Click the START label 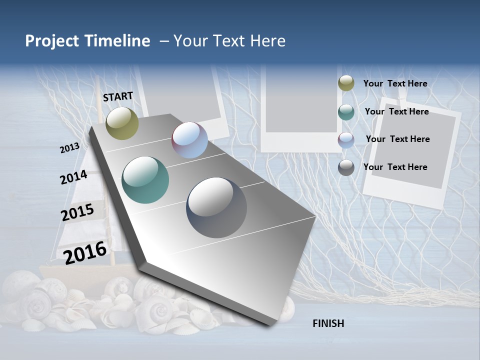[118, 96]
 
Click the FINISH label [328, 323]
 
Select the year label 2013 [70, 148]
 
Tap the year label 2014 [74, 177]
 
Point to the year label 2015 [77, 212]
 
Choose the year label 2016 [85, 252]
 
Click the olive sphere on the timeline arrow [122, 123]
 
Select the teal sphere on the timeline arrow [145, 180]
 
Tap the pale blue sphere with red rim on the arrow [189, 140]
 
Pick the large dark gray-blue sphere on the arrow [216, 207]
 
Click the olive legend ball [346, 83]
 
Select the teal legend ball [346, 112]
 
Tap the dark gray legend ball [346, 167]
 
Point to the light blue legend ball [346, 140]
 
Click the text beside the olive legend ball [395, 83]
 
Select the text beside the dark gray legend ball [395, 167]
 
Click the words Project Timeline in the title [87, 41]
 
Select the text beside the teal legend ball [396, 111]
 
